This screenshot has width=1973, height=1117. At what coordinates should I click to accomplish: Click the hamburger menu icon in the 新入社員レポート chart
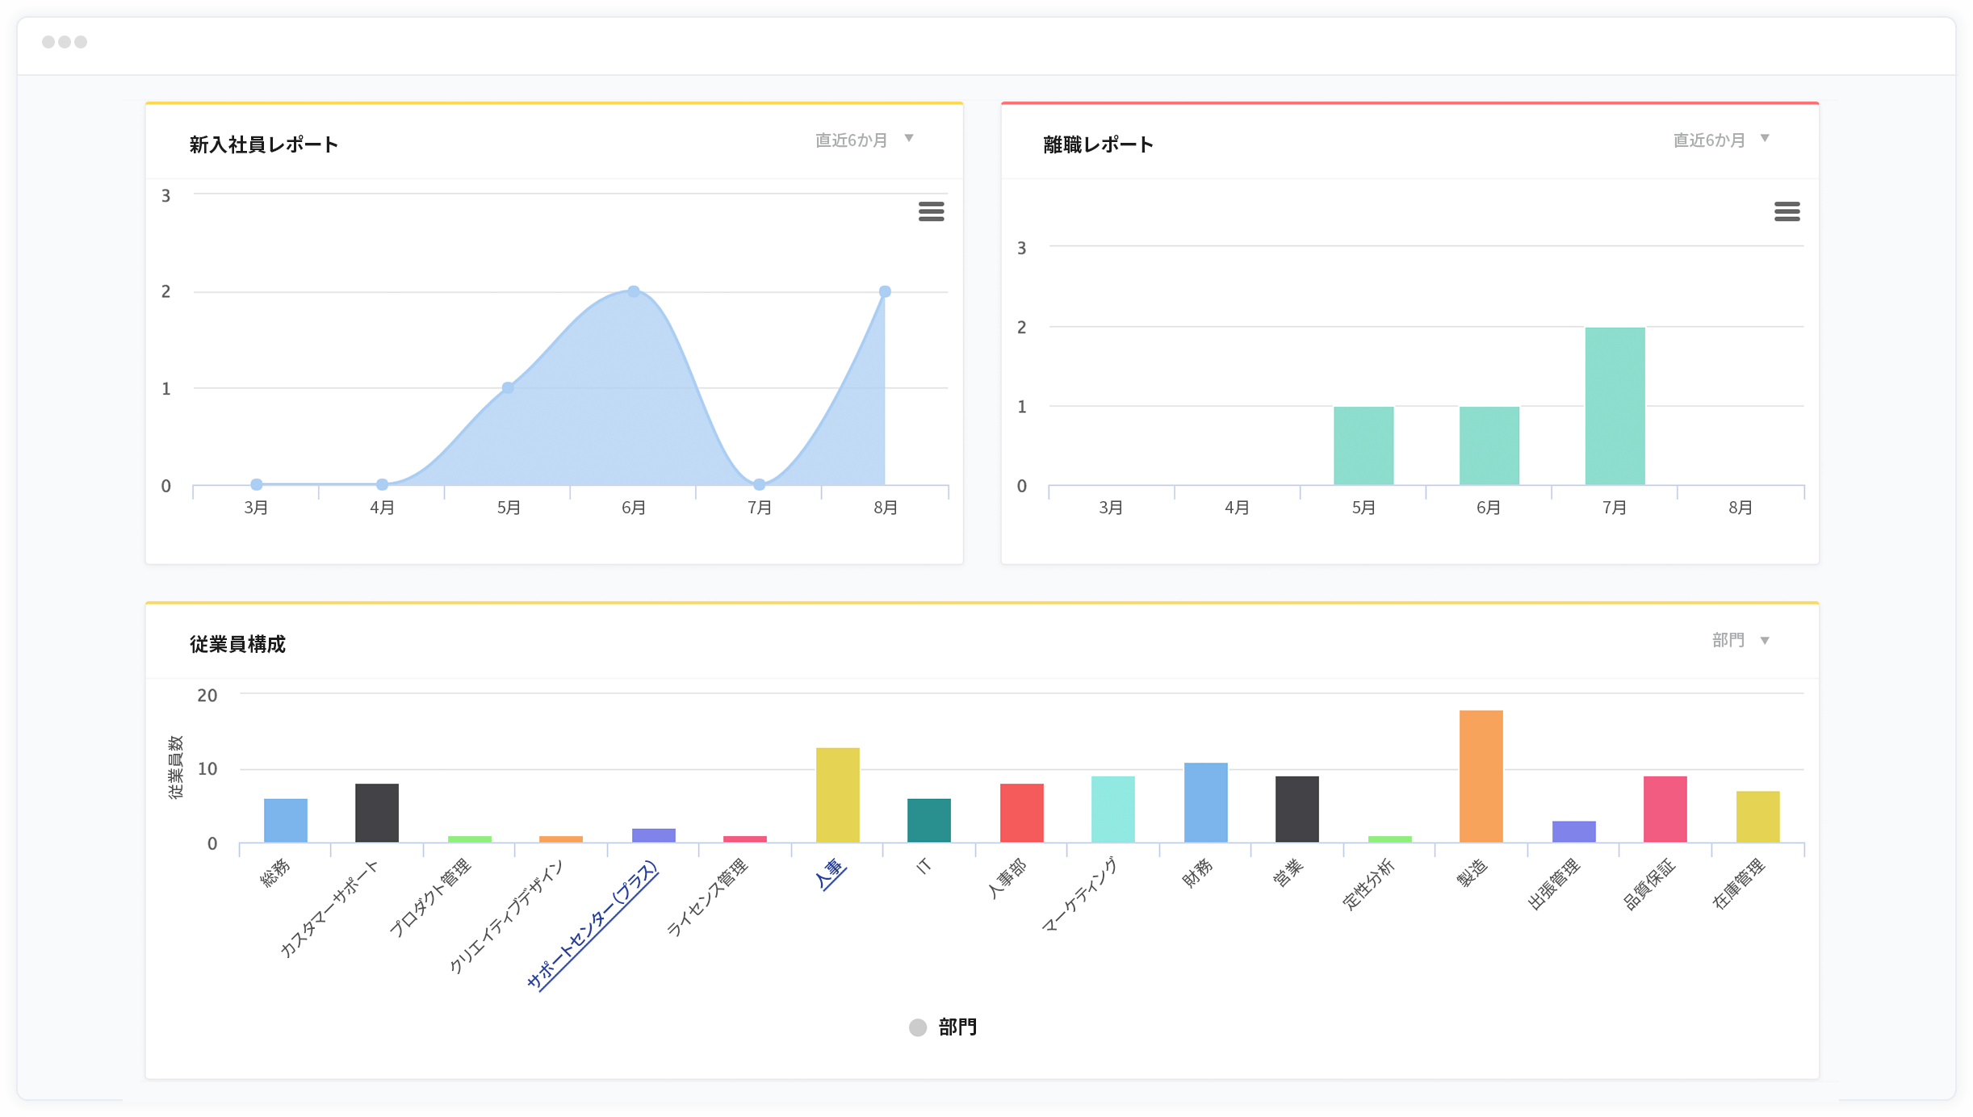tap(931, 211)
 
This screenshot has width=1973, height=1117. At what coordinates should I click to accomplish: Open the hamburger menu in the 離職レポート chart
tap(1787, 211)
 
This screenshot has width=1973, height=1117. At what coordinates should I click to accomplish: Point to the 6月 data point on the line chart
tap(634, 291)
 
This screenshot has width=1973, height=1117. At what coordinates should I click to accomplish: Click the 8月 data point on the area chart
tap(885, 291)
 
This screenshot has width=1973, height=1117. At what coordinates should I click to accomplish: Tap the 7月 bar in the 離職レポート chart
tap(1615, 406)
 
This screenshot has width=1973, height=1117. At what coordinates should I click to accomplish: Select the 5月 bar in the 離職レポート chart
tap(1364, 446)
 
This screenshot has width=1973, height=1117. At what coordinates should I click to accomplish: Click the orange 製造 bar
tap(1481, 776)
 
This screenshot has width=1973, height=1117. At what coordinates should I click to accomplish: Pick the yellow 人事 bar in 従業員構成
tap(838, 795)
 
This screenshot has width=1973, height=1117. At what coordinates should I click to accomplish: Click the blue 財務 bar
tap(1205, 802)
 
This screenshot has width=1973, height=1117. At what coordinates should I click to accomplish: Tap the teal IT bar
tap(929, 821)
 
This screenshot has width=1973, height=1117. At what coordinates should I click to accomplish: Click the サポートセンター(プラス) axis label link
tap(593, 925)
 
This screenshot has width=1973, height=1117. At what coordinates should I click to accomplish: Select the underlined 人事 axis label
tap(831, 874)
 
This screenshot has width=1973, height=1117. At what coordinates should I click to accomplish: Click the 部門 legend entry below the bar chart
tap(943, 1027)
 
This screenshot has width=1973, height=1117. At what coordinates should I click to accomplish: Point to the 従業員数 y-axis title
tap(175, 768)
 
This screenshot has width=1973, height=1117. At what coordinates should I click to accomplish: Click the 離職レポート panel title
tap(1098, 144)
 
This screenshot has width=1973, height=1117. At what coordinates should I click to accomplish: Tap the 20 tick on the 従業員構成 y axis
tap(207, 695)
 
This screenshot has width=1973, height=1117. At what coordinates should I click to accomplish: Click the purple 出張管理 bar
tap(1573, 831)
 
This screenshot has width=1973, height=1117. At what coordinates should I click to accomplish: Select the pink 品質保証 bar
tap(1665, 810)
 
